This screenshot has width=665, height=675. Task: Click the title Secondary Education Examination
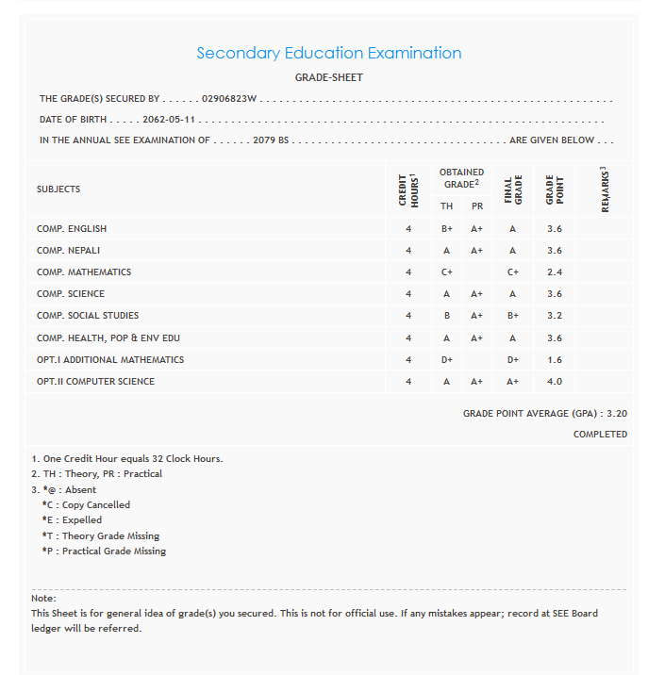point(329,53)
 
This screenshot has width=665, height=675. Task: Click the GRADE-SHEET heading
point(329,77)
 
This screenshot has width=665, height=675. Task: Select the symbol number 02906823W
point(230,98)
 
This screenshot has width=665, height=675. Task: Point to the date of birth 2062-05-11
point(170,120)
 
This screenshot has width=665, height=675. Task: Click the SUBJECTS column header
point(58,189)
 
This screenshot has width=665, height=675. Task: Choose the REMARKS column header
point(605,189)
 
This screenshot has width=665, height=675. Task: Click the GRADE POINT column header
point(555,189)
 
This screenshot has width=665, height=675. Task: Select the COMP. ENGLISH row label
point(72,229)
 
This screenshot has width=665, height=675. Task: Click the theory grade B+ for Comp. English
point(447,229)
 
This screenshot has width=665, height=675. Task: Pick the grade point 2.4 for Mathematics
point(555,272)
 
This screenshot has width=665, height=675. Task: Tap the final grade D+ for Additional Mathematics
point(513,360)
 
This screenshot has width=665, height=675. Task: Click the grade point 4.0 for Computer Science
point(555,382)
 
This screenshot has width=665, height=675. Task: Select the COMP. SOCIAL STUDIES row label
point(88,316)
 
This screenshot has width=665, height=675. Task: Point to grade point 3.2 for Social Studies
point(555,316)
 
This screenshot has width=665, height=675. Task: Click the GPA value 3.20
point(617,414)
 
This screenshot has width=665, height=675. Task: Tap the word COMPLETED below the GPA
point(600,435)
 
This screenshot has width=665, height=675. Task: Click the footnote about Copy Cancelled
point(86,505)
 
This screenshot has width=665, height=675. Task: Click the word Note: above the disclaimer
point(43,599)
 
